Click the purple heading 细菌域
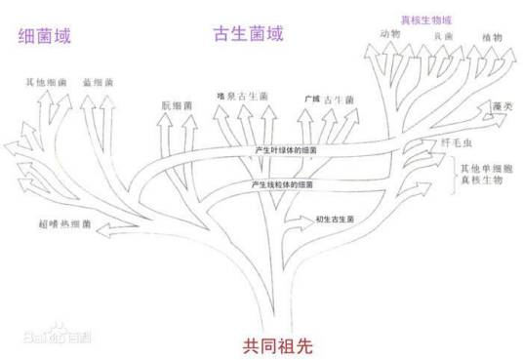click(45, 36)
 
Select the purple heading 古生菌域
click(248, 34)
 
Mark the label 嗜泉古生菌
click(243, 97)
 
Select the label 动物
click(390, 36)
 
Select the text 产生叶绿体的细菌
click(287, 150)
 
